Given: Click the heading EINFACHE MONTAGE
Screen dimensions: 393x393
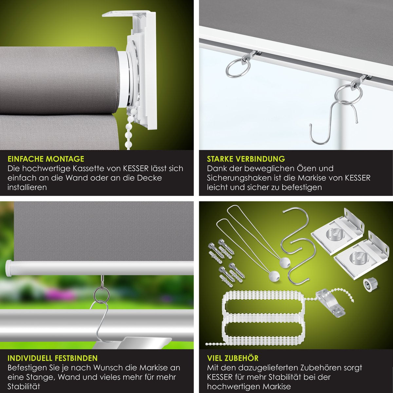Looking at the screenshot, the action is pos(46,159).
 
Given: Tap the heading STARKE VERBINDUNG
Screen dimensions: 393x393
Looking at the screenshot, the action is pos(246,159).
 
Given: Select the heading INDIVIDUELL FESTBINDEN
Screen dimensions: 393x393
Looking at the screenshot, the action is pos(53,358).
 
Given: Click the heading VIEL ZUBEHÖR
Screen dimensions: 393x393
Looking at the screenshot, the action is pos(233,358).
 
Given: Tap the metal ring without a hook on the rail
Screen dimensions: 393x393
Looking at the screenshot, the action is pos(238,68).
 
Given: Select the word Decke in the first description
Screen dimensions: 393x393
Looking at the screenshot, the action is pos(149,178).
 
